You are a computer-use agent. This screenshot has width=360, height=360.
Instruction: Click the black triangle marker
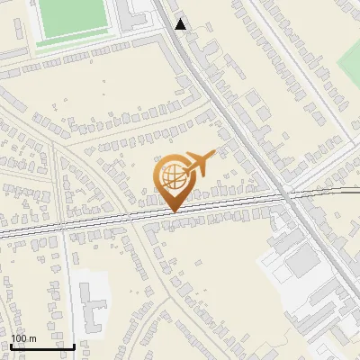[181, 24]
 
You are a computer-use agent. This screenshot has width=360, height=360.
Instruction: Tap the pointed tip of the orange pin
[174, 211]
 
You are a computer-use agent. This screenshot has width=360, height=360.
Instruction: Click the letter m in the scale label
[32, 339]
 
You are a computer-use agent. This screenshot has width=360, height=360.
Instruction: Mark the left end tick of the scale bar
[11, 345]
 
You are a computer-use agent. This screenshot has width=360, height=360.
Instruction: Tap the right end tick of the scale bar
[74, 345]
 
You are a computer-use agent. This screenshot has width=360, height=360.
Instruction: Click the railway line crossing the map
[90, 220]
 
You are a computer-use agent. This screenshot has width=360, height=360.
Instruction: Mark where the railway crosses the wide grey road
[285, 193]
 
